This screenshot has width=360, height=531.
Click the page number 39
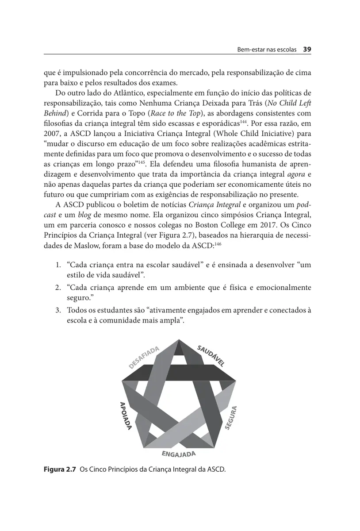pos(308,49)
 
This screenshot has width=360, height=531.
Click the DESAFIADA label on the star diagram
pos(144,357)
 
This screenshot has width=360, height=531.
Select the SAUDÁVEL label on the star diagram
pos(211,355)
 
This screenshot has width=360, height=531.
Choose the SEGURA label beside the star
pos(232,417)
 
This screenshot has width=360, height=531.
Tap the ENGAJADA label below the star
pos(178,453)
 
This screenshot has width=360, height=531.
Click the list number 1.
pos(58,265)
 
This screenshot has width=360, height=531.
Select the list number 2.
pos(58,288)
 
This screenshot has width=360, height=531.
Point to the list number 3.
pos(58,310)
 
